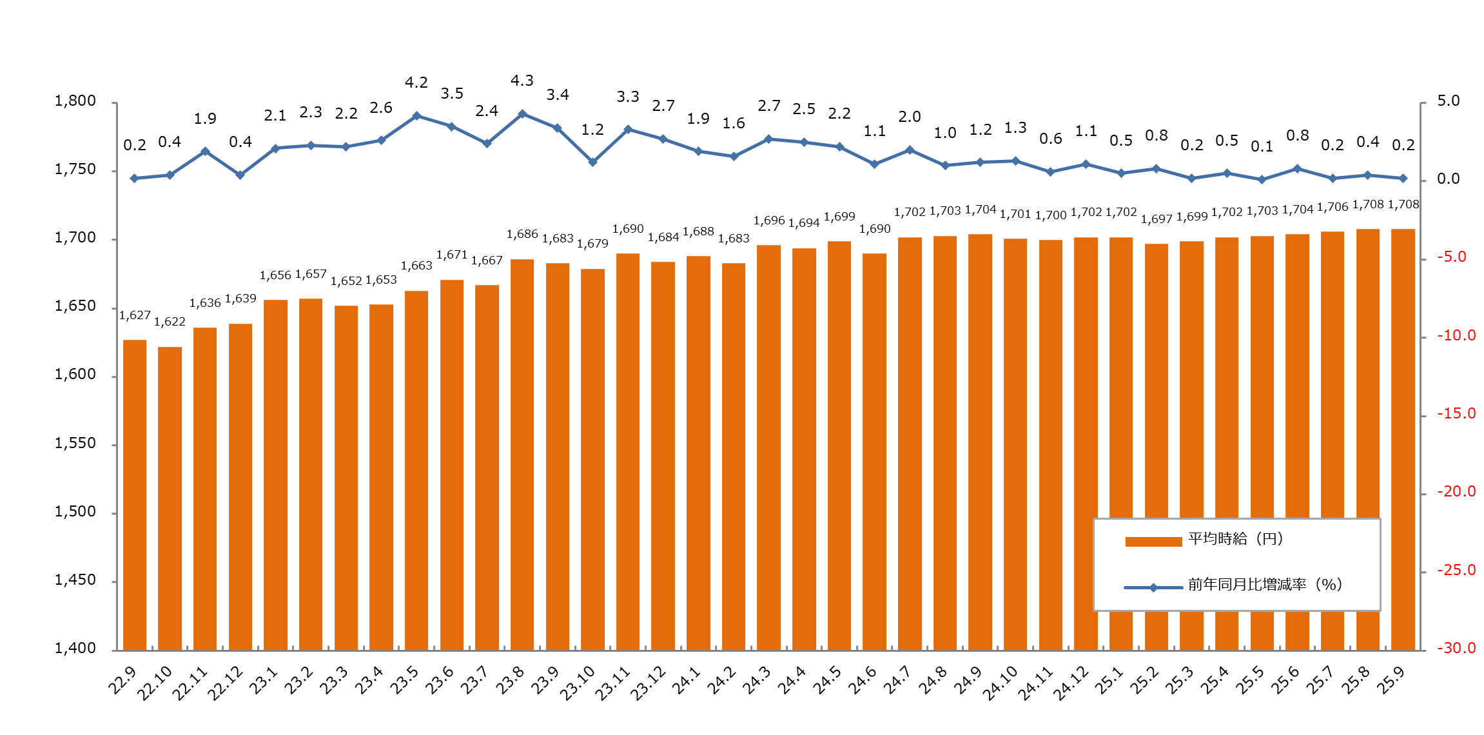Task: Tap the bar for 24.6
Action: tap(874, 451)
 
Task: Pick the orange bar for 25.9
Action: tap(1403, 439)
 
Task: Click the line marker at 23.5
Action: tap(416, 116)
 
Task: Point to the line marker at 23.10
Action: tap(592, 162)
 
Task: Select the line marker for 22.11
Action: tap(205, 152)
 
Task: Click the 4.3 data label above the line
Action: tap(522, 81)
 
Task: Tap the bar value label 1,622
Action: tap(170, 322)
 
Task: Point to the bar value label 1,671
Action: tap(452, 255)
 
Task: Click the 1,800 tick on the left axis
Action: tap(75, 101)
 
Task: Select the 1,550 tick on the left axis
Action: tap(75, 444)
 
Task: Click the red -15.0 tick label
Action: tap(1456, 414)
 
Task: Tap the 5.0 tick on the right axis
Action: tap(1448, 101)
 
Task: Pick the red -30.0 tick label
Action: tap(1456, 649)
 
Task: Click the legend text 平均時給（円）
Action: tap(1235, 539)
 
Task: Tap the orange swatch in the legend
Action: tap(1153, 542)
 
